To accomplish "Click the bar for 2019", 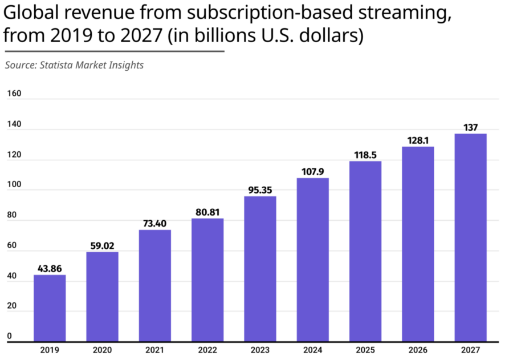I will coord(50,308).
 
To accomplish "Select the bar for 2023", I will coord(260,269).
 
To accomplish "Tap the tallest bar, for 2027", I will coord(470,237).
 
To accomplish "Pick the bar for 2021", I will coord(154,285).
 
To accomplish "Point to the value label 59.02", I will coord(102,246).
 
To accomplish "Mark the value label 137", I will coord(470,127).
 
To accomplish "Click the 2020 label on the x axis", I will coord(102,349).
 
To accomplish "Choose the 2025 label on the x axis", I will coord(365,349).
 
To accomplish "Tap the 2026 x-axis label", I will coord(418,349).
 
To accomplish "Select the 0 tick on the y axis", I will coord(9,336).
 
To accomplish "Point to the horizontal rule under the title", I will coord(114,51).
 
